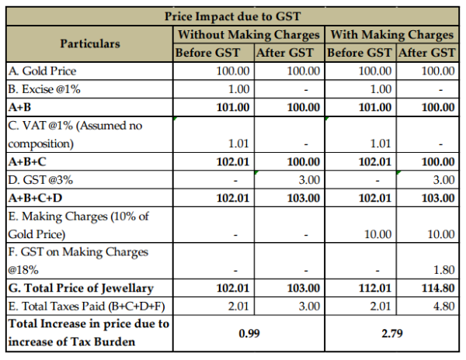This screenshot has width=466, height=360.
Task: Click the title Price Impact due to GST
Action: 234,16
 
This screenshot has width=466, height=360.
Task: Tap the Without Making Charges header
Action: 249,35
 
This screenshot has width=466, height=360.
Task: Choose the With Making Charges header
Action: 391,35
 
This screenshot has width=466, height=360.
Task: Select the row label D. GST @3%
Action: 43,180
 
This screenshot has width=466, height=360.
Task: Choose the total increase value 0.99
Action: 249,332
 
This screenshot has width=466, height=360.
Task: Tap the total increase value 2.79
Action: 392,332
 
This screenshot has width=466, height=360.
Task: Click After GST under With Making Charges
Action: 426,53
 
